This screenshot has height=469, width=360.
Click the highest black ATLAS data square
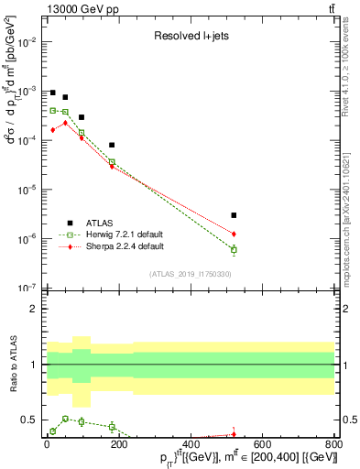coord(53,93)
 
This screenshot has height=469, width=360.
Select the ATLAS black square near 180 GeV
coord(112,145)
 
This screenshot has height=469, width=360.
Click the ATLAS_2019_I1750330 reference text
coord(190,274)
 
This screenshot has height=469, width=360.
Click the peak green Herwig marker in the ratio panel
coord(64,418)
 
